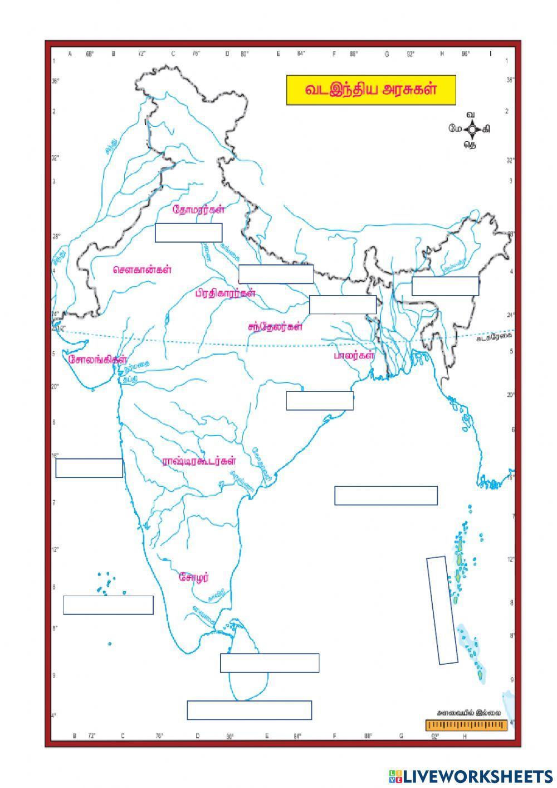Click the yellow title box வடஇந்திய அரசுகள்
click(370, 90)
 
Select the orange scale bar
click(466, 726)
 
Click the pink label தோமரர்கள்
click(199, 210)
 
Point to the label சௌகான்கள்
click(141, 269)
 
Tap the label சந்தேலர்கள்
click(275, 327)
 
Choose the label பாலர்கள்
click(353, 355)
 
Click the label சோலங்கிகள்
click(98, 360)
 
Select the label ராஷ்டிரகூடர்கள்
click(199, 461)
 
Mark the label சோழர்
click(194, 577)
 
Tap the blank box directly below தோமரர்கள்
click(188, 233)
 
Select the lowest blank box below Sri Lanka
click(249, 710)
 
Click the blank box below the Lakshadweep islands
click(108, 605)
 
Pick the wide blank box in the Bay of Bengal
click(385, 495)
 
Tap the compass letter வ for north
click(471, 115)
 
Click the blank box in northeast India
click(445, 286)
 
